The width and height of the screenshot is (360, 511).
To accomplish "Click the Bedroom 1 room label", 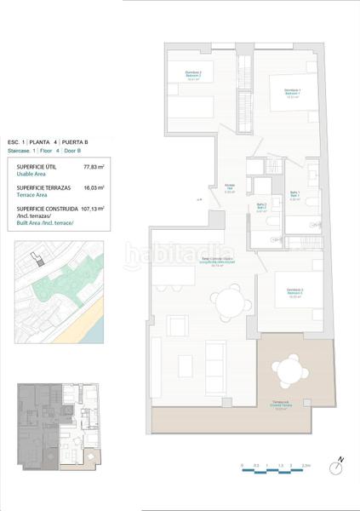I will pos(292,93).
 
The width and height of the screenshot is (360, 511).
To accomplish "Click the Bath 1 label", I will pos(294,195).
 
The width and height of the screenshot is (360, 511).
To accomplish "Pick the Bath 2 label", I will pos(262,206).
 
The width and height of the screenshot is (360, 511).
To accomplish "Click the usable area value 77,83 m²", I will pos(93,167).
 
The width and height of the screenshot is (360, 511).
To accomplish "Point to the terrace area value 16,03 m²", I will pos(93,187).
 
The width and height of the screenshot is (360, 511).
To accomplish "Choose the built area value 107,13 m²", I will pos(93,208).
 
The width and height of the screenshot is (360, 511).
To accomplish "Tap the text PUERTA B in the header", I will pos(99,141).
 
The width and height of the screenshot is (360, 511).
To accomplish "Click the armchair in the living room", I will pos(177,325).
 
